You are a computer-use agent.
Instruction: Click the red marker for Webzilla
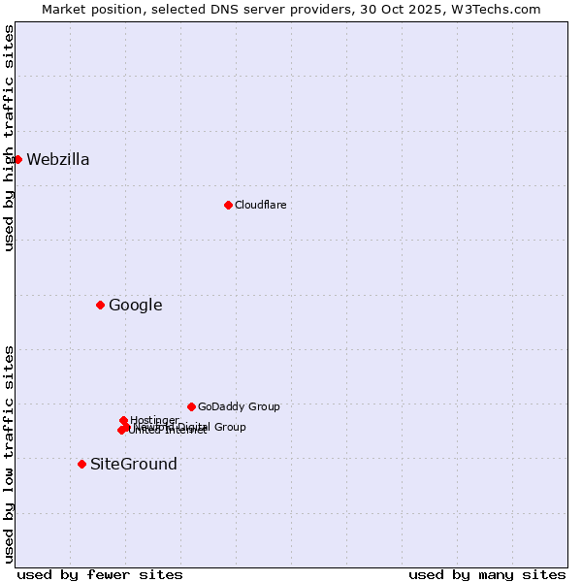click(x=17, y=159)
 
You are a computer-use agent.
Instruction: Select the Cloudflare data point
click(x=228, y=205)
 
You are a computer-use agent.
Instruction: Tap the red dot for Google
click(x=100, y=306)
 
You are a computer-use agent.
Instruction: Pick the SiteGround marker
click(x=81, y=464)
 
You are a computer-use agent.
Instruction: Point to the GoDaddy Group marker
click(x=191, y=406)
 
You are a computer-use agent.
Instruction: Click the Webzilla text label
click(x=58, y=160)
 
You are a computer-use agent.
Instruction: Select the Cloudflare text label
click(x=261, y=205)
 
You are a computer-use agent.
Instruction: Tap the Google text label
click(x=136, y=306)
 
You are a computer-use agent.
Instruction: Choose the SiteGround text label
click(x=134, y=464)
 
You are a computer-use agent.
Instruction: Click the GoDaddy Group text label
click(x=239, y=407)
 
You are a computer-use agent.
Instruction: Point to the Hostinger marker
click(x=123, y=420)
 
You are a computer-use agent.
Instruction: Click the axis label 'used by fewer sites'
click(x=100, y=574)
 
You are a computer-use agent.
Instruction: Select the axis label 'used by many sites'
click(x=487, y=574)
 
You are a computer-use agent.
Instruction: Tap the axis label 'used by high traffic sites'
click(x=10, y=138)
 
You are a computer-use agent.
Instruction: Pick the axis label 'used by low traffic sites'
click(x=10, y=454)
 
